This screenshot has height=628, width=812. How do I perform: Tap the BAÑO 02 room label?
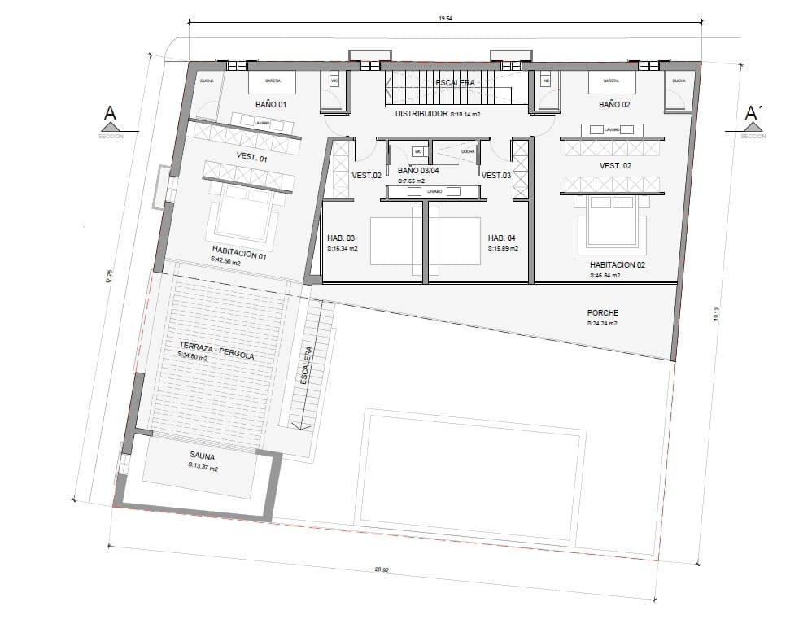[x=615, y=105]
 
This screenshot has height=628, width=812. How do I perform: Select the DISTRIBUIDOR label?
[x=421, y=114]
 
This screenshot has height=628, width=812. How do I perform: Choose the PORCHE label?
[x=603, y=312]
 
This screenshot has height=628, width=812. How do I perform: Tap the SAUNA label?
[x=202, y=456]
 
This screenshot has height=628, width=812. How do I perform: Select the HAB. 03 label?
[x=341, y=238]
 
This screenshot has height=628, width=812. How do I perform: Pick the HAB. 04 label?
[x=502, y=238]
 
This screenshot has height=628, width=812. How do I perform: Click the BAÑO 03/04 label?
[x=418, y=171]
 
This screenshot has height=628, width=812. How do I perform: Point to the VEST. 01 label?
[x=251, y=159]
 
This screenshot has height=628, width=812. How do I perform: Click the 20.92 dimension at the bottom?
[x=381, y=569]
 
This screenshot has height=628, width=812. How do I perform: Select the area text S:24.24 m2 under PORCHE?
[x=603, y=324]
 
